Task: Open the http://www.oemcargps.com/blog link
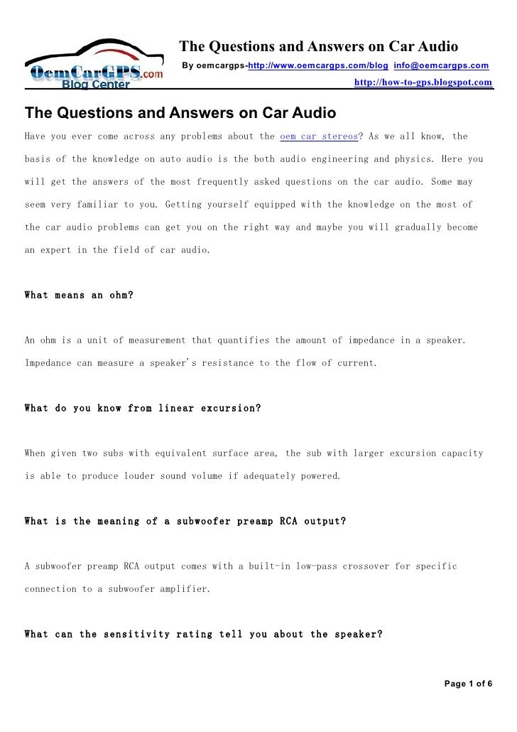pos(317,66)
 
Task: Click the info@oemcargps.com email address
pos(441,66)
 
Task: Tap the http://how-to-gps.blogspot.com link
pos(423,83)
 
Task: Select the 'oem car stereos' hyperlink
pos(320,136)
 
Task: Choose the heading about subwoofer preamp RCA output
pos(185,521)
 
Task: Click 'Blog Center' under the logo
pos(96,86)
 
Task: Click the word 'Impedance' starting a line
pos(48,362)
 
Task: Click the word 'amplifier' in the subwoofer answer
pos(185,588)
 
